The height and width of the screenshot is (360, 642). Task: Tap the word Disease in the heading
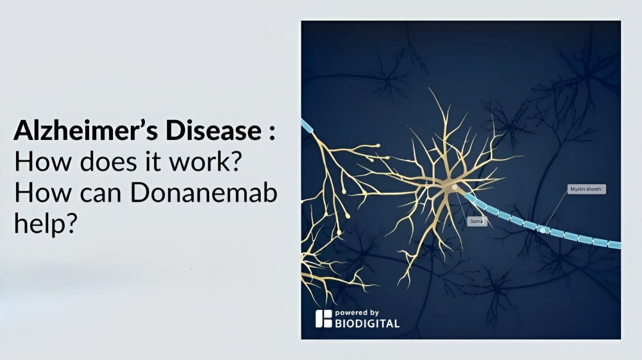tap(214, 130)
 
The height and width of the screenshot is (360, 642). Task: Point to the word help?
tap(46, 223)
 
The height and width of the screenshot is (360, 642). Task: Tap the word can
tap(100, 193)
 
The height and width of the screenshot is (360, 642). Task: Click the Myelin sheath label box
tap(586, 189)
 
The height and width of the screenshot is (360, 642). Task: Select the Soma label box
tap(477, 221)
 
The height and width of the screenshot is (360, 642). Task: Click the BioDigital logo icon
tap(323, 319)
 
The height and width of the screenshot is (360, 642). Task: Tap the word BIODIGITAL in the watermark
tap(367, 323)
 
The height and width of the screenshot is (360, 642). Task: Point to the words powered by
tap(357, 313)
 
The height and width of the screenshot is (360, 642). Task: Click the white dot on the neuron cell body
tap(455, 187)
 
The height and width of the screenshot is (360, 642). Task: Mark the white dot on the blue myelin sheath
tap(543, 230)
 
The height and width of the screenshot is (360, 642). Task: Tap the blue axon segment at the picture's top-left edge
tap(307, 125)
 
